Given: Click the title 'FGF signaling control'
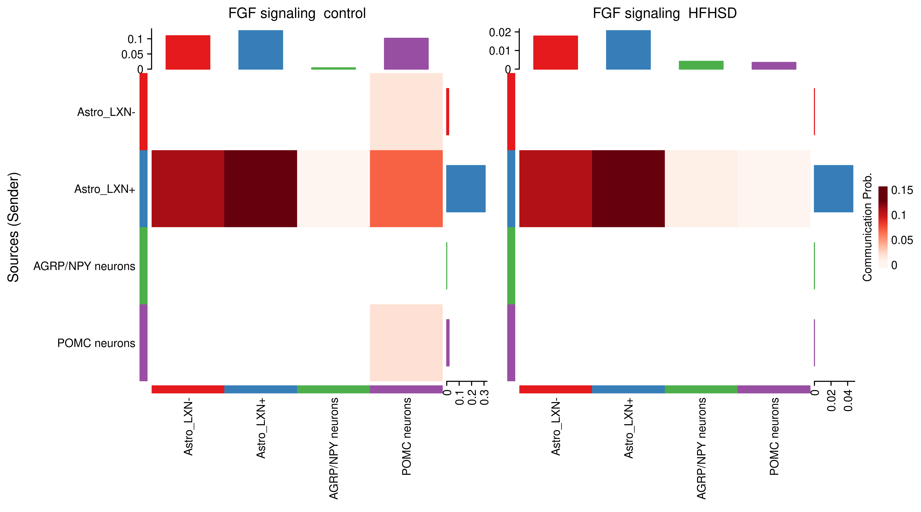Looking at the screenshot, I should pyautogui.click(x=297, y=14).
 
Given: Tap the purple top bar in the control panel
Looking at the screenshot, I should pyautogui.click(x=406, y=54).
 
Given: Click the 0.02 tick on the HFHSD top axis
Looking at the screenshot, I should pyautogui.click(x=500, y=33).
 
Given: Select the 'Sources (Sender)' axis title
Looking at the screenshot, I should pyautogui.click(x=14, y=227).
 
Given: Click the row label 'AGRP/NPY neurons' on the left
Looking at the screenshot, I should pyautogui.click(x=84, y=266).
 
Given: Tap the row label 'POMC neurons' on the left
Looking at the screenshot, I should pyautogui.click(x=96, y=343).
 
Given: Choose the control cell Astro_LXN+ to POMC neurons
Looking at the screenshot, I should pyautogui.click(x=406, y=189).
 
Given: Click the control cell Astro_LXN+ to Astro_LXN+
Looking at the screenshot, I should pyautogui.click(x=261, y=189).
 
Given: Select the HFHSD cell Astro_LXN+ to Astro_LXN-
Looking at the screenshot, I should pyautogui.click(x=555, y=189).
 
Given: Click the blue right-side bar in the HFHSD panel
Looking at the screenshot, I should pyautogui.click(x=833, y=189).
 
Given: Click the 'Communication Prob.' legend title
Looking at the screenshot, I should pyautogui.click(x=867, y=227).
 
